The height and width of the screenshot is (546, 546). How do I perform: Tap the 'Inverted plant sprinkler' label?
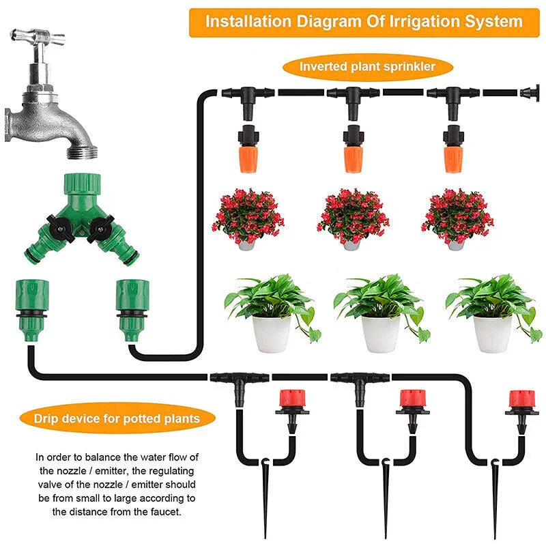pos(367,67)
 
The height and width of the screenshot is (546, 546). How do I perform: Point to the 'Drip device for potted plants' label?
pos(117,418)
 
